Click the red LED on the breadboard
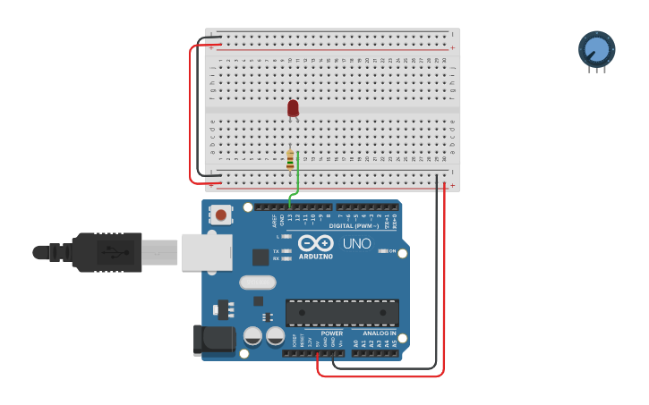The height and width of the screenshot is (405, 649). pyautogui.click(x=293, y=108)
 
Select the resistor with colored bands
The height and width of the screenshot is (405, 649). pyautogui.click(x=290, y=160)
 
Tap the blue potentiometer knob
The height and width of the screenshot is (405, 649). pyautogui.click(x=596, y=49)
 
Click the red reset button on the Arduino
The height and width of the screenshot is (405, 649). pyautogui.click(x=220, y=215)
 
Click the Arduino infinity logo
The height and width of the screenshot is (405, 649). pyautogui.click(x=315, y=243)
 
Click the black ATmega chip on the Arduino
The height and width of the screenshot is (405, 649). pyautogui.click(x=342, y=312)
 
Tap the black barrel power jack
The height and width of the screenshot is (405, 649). pyautogui.click(x=214, y=339)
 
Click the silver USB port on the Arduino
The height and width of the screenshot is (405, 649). pyautogui.click(x=206, y=252)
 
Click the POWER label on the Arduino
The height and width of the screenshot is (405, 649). pyautogui.click(x=331, y=333)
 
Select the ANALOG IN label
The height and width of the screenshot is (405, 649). pyautogui.click(x=380, y=333)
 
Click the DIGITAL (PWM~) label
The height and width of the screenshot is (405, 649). pyautogui.click(x=354, y=226)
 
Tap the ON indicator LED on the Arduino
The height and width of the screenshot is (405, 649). pyautogui.click(x=384, y=251)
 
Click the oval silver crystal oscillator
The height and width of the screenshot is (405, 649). pyautogui.click(x=258, y=283)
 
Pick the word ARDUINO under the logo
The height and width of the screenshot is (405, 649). pyautogui.click(x=315, y=257)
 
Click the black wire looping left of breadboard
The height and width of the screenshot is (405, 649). pyautogui.click(x=198, y=107)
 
